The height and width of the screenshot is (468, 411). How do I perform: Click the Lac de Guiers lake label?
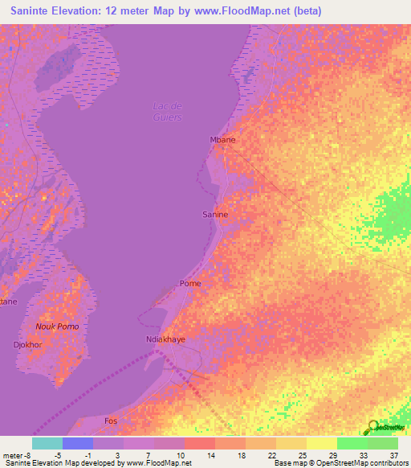click(x=167, y=112)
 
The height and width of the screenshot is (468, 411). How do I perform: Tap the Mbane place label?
click(x=222, y=139)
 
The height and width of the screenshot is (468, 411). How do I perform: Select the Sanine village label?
click(x=214, y=215)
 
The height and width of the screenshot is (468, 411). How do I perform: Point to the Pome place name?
click(x=190, y=283)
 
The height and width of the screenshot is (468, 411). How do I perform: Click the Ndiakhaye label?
click(x=165, y=339)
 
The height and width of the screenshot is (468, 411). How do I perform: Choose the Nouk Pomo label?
click(x=57, y=326)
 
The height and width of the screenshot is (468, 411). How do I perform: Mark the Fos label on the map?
click(x=112, y=421)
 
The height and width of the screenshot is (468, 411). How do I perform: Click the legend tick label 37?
click(x=393, y=455)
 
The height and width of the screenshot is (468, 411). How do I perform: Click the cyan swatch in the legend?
click(x=47, y=443)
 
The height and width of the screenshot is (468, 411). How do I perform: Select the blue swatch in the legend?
click(x=78, y=443)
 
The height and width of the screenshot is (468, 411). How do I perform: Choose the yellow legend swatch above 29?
click(x=321, y=443)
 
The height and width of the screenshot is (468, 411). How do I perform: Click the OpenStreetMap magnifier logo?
click(x=371, y=426)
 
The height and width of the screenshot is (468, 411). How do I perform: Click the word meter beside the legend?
click(x=14, y=455)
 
